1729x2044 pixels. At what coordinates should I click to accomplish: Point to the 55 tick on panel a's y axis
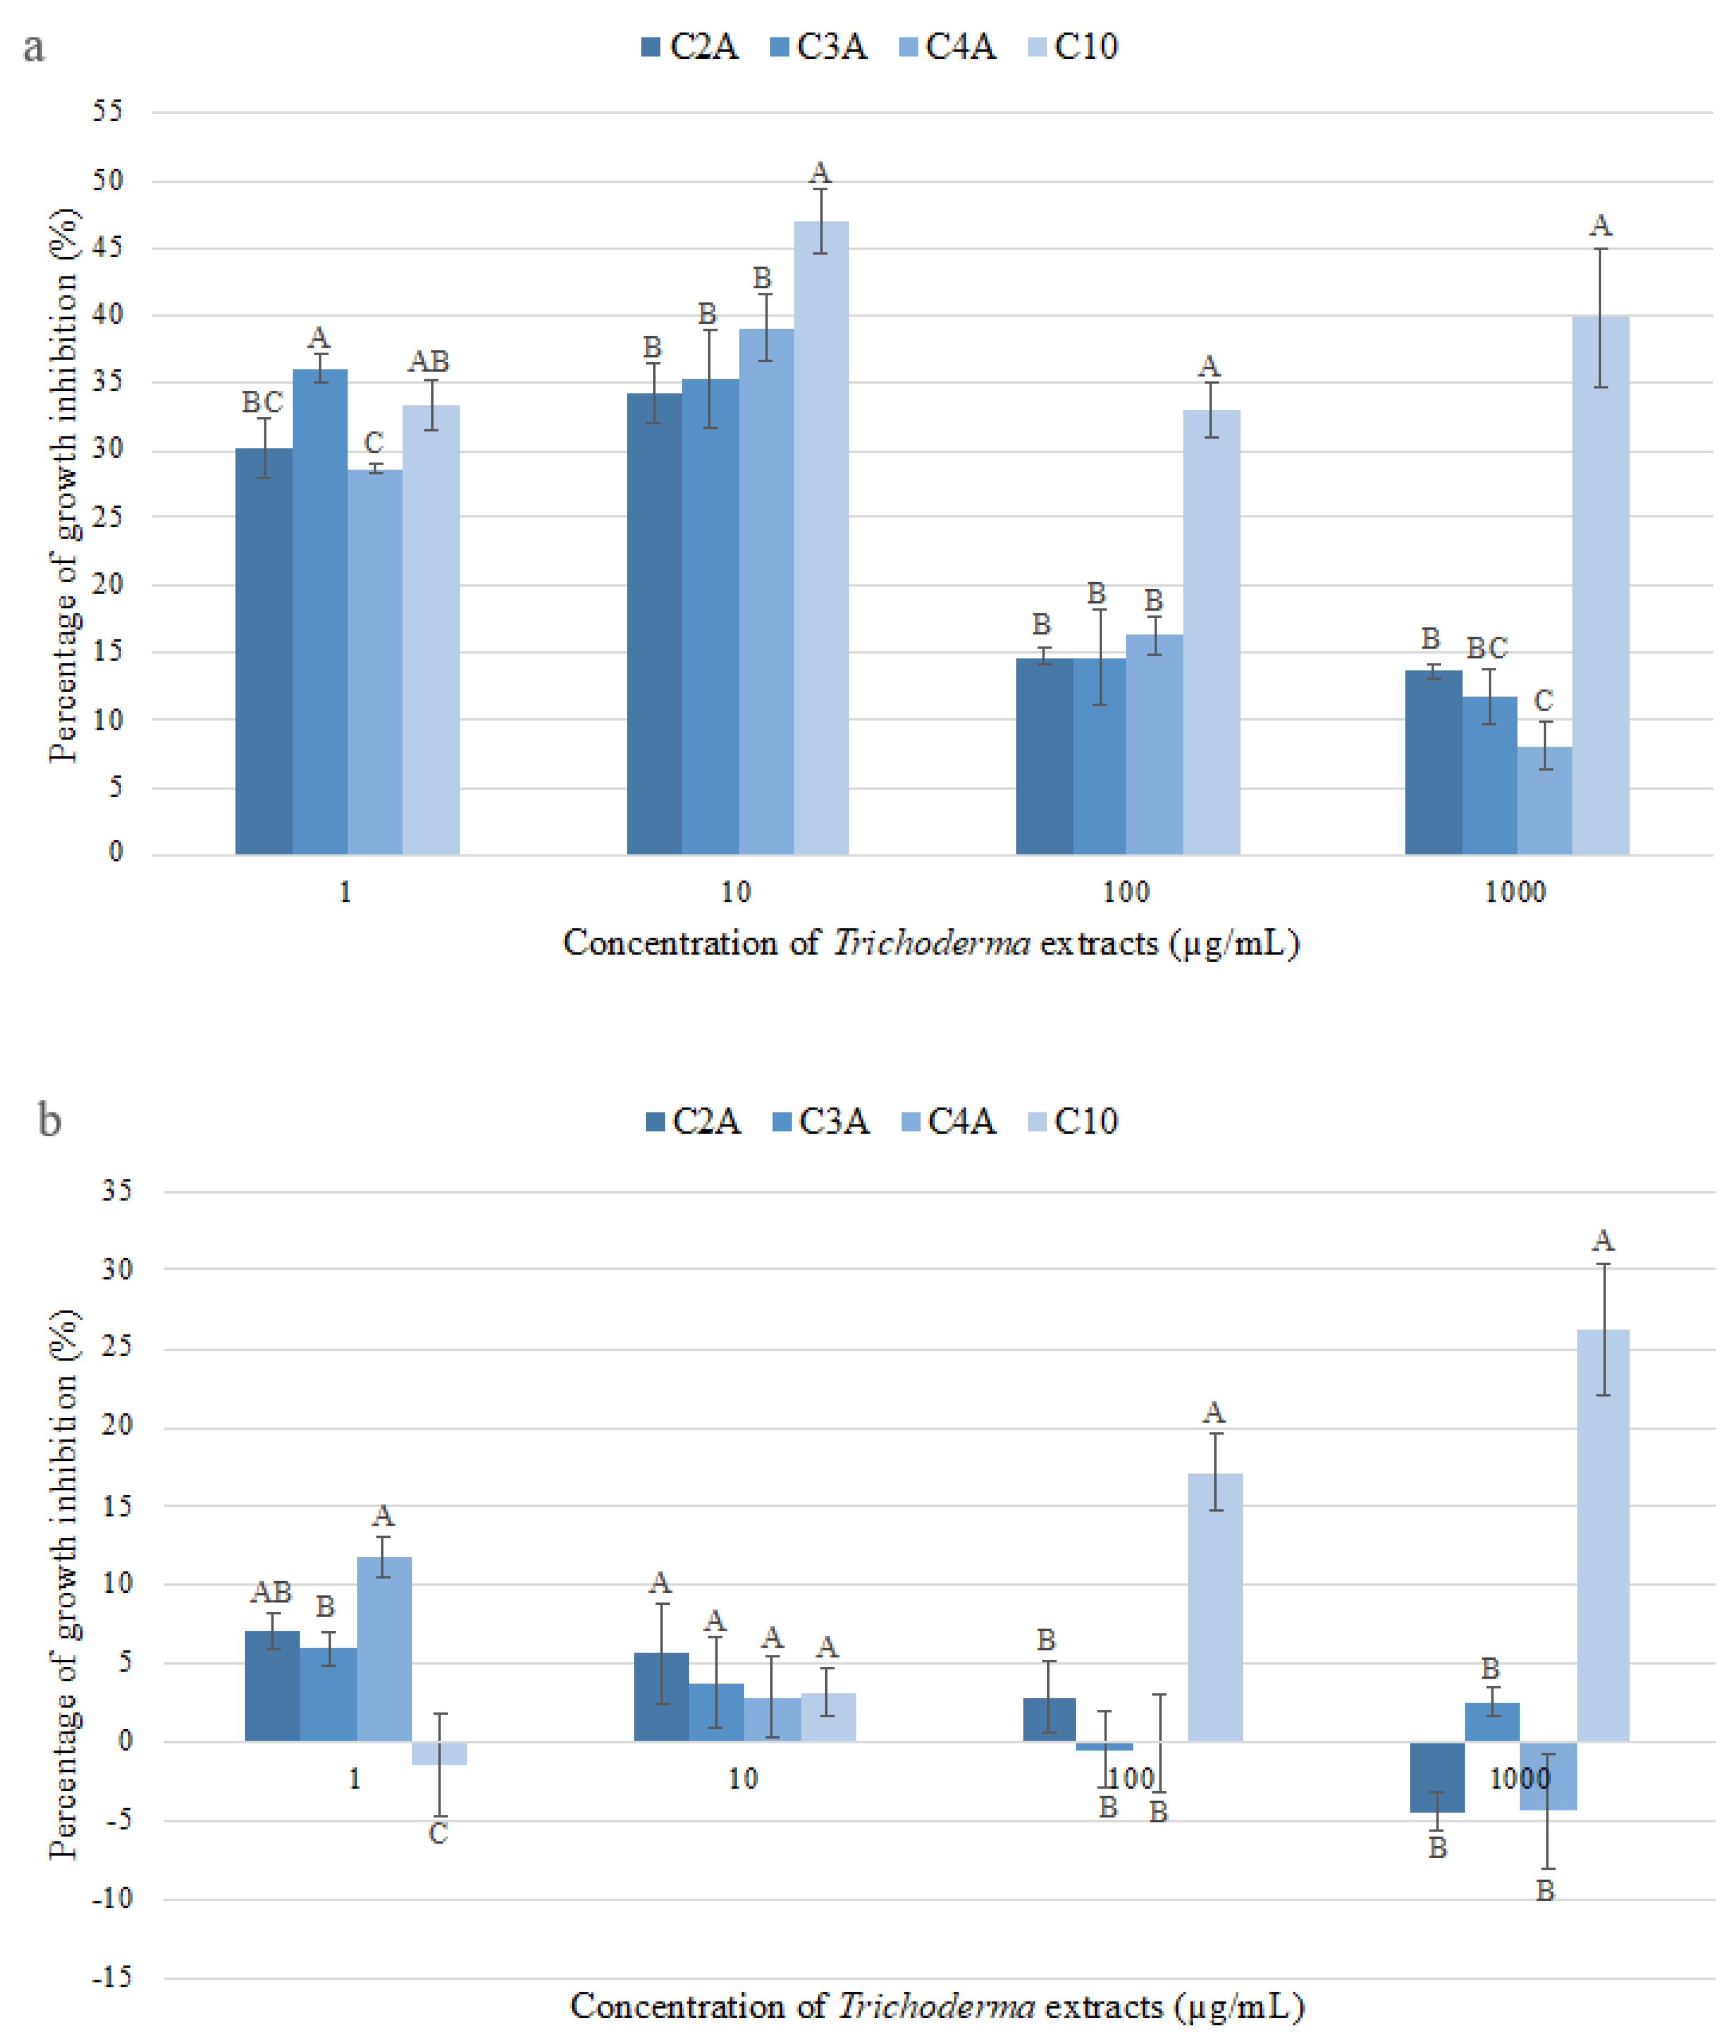click(108, 111)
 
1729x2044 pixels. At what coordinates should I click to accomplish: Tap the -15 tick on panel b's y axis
click(111, 1977)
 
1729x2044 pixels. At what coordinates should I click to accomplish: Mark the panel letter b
click(49, 1118)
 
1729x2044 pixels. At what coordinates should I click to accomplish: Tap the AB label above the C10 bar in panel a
click(429, 362)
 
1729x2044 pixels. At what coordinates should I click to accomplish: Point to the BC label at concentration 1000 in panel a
click(1486, 648)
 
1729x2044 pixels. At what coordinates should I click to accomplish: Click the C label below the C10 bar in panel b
click(438, 1833)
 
